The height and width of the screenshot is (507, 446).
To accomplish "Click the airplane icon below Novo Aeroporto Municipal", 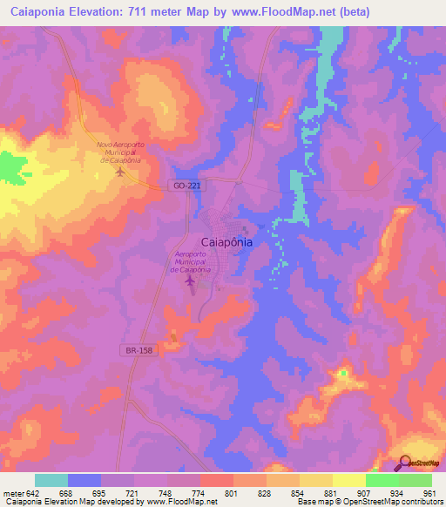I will click(x=120, y=171).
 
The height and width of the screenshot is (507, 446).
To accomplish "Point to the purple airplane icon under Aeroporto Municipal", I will click(x=191, y=281).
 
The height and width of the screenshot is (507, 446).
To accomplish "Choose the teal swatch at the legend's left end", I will click(x=51, y=480).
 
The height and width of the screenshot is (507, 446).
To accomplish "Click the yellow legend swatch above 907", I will click(x=348, y=480).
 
